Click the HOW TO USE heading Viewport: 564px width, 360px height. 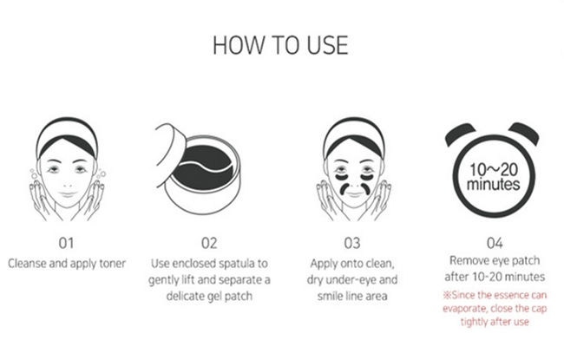pyautogui.click(x=280, y=45)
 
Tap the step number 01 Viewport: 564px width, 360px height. pyautogui.click(x=66, y=243)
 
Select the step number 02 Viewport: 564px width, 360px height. pyautogui.click(x=209, y=243)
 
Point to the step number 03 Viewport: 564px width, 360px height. pyautogui.click(x=351, y=243)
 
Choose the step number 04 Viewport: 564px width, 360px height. pyautogui.click(x=495, y=243)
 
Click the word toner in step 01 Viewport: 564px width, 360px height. pyautogui.click(x=113, y=264)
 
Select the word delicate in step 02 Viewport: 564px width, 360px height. pyautogui.click(x=186, y=296)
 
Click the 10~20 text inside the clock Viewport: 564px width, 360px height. pyautogui.click(x=494, y=170)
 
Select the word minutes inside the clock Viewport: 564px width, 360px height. pyautogui.click(x=493, y=185)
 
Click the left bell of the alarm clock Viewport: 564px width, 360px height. pyautogui.click(x=459, y=133)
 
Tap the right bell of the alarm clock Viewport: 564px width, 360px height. pyautogui.click(x=525, y=132)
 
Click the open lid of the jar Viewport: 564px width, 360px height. pyautogui.click(x=170, y=148)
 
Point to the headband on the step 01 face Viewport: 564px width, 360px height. pyautogui.click(x=67, y=136)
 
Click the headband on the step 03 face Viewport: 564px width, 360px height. pyautogui.click(x=354, y=136)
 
